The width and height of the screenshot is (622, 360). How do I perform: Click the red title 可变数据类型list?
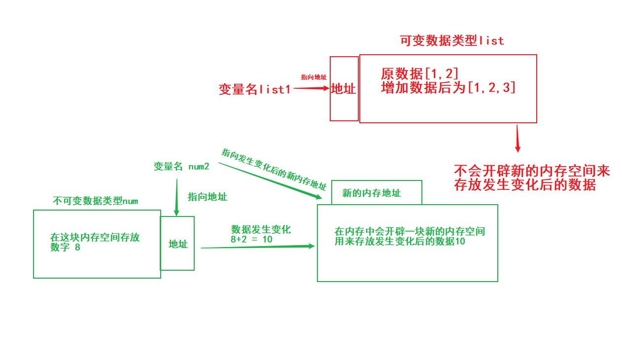coord(452,41)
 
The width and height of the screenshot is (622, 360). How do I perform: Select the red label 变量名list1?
coord(255,89)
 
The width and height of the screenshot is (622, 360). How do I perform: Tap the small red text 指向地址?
coord(313,77)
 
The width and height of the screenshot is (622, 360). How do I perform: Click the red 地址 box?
coord(344,89)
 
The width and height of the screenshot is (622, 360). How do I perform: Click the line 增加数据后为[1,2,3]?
coord(448,88)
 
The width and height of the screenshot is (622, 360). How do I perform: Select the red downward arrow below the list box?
coord(518,139)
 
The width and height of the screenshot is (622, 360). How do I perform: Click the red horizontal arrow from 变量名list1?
coord(311,88)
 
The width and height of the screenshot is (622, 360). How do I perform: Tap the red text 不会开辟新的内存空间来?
coord(532,171)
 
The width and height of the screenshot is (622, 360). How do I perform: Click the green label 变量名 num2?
coord(181,167)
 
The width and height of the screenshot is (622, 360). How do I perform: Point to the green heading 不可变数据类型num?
coord(95,201)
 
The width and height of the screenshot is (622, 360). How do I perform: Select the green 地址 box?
coord(177,244)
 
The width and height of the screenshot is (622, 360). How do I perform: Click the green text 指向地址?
coord(207,197)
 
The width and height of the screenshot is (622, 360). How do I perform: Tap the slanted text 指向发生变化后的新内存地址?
coord(274,169)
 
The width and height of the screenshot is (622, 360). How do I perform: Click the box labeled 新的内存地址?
coord(376,193)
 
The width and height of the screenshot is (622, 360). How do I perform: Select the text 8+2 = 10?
coord(251,239)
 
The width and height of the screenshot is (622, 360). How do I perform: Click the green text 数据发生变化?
coord(261,229)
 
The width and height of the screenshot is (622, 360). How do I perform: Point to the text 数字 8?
coord(65,248)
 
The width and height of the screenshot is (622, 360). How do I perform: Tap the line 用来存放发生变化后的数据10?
coord(400,242)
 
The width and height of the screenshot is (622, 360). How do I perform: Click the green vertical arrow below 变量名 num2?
coord(176,197)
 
